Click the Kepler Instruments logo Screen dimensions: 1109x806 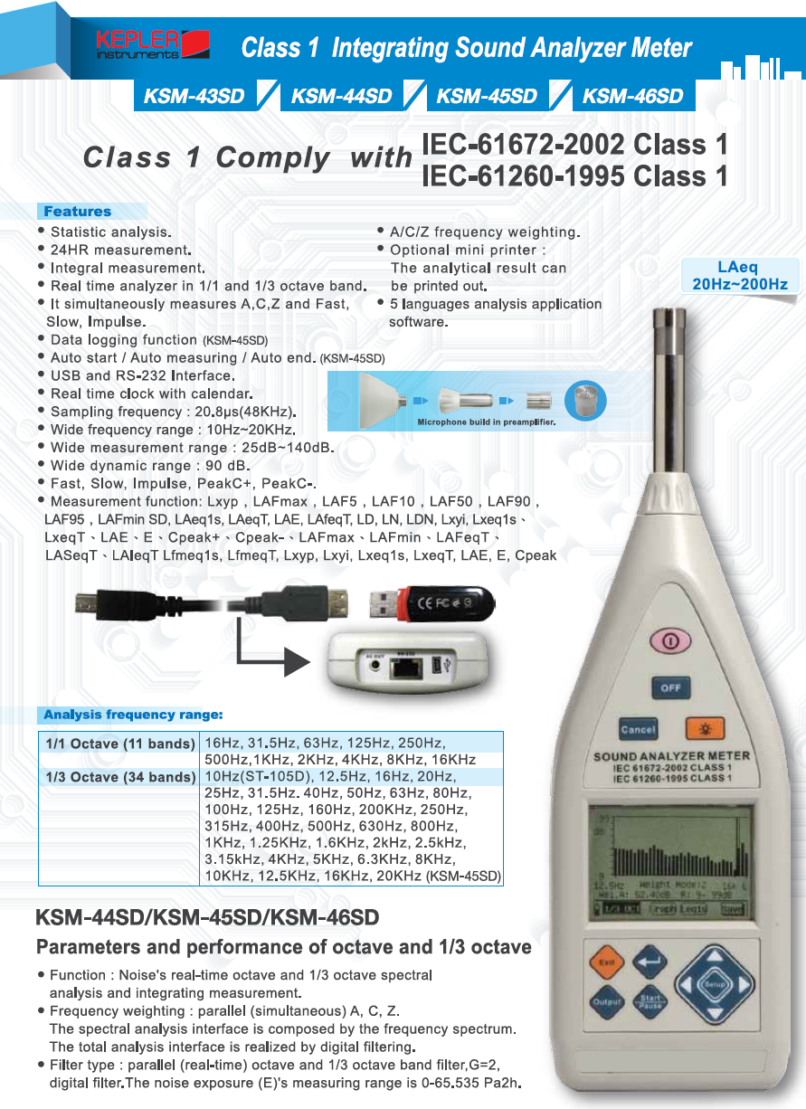153,44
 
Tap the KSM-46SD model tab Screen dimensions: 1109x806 632,96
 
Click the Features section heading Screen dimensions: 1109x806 77,212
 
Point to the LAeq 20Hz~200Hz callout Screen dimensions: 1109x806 739,276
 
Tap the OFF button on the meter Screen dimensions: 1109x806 669,688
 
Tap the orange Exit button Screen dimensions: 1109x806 606,962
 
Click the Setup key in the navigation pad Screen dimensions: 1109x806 716,982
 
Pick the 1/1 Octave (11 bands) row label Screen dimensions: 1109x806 119,744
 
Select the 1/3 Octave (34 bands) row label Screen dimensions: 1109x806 119,777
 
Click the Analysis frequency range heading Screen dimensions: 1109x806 133,716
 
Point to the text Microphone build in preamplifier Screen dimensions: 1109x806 485,422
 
